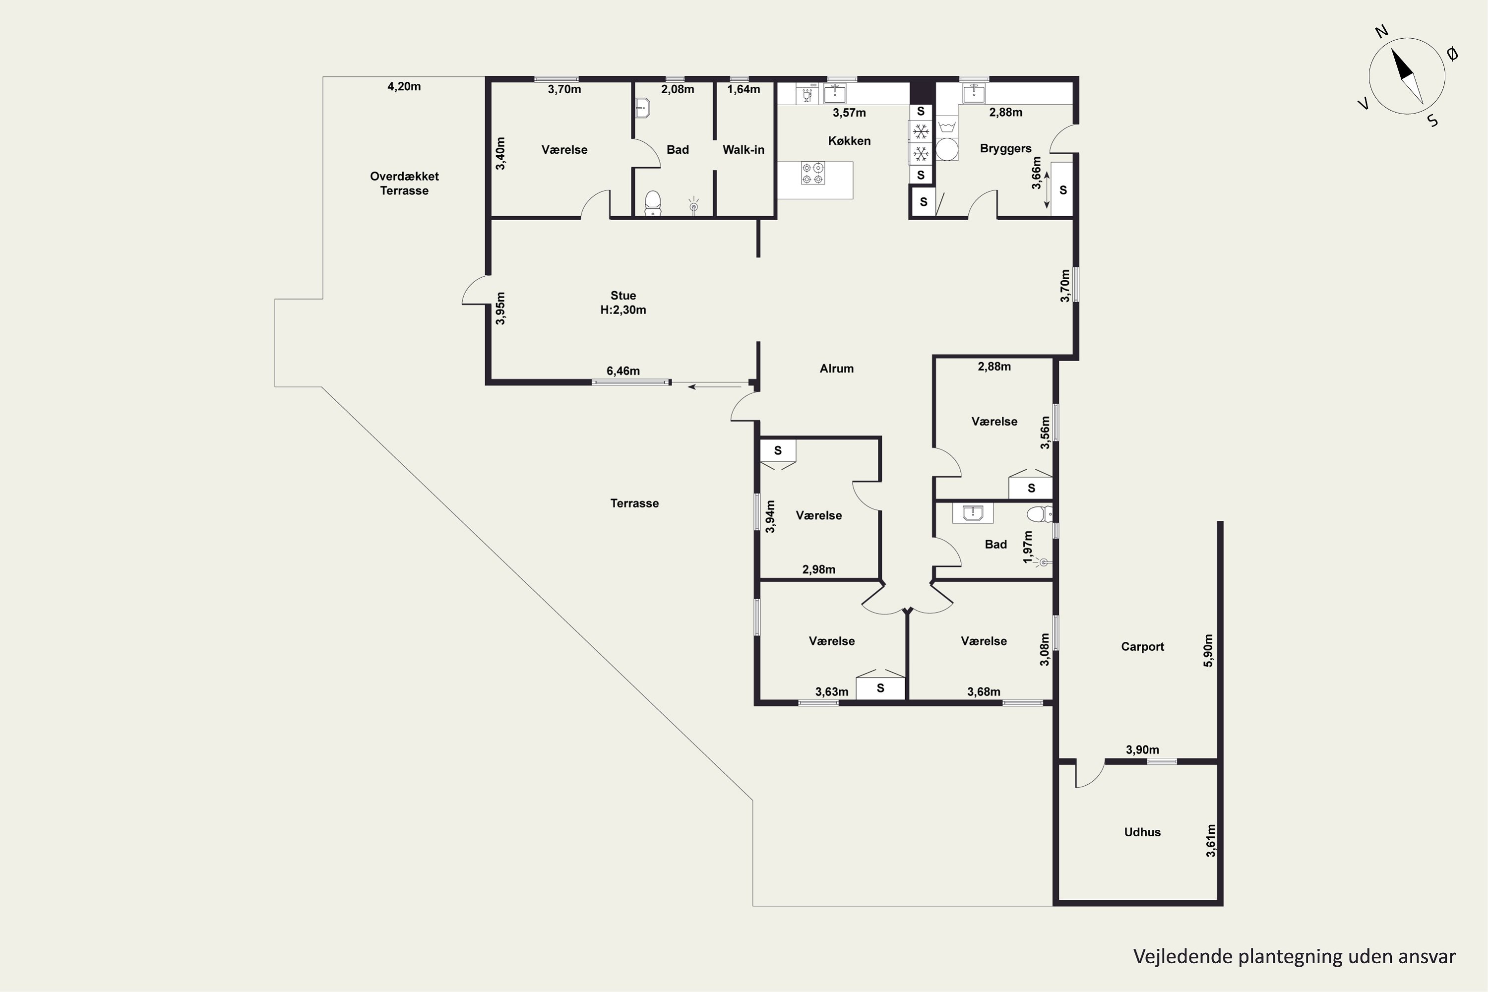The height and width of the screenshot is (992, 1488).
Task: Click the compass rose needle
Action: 1407,76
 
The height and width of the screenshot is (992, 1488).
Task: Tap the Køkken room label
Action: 849,140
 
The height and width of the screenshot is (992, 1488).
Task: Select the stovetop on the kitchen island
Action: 813,173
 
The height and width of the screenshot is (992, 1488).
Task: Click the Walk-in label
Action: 744,150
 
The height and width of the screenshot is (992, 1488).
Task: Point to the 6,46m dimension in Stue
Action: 623,371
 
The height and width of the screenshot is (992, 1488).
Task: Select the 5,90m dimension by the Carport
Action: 1208,650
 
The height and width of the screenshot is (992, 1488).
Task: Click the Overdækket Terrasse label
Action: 404,184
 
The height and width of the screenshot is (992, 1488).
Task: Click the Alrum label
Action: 836,368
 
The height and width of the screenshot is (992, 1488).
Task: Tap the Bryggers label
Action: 1005,148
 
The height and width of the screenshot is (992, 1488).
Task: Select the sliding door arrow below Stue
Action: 715,386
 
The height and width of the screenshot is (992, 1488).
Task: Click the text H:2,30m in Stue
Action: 623,310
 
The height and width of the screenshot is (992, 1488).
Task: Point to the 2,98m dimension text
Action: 819,569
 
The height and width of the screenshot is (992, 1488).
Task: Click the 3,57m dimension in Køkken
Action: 849,113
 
